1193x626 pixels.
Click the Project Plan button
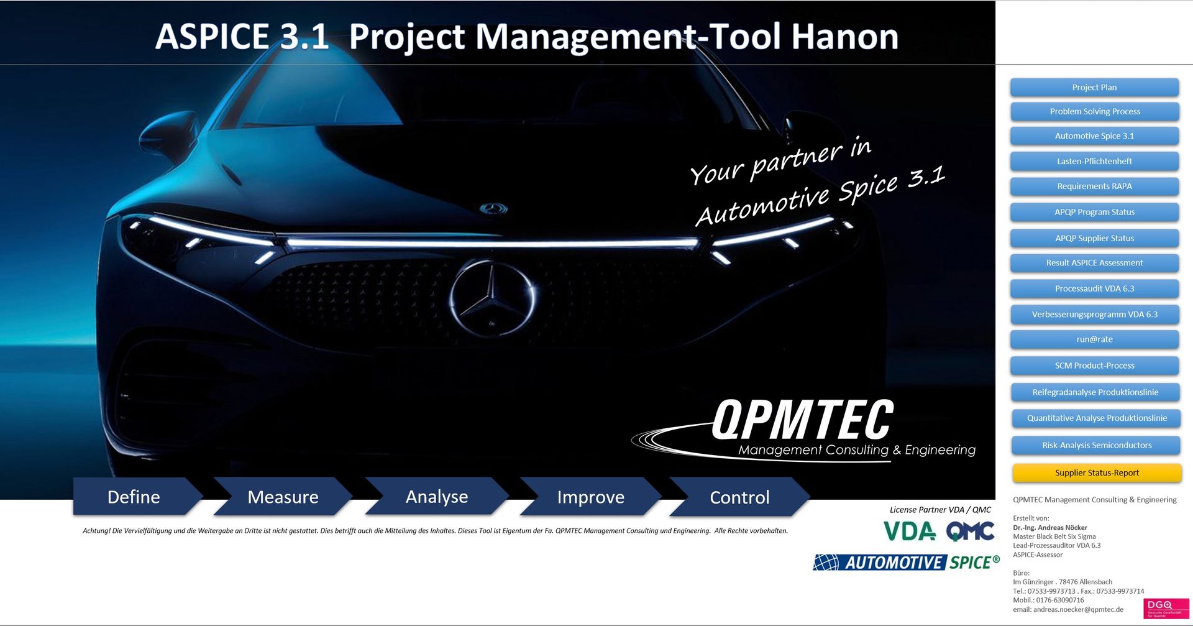coord(1094,88)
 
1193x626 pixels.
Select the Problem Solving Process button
coord(1095,112)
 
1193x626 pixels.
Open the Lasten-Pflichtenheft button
coord(1094,162)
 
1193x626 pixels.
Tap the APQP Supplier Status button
coord(1094,238)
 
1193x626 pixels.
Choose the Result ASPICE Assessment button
coord(1094,263)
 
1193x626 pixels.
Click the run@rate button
coord(1094,339)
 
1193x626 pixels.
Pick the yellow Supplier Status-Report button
coord(1097,473)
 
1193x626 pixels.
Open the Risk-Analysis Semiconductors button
coord(1096,445)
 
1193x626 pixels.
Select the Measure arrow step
coord(283,497)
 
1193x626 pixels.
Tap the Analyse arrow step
coord(437,497)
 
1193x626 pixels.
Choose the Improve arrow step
coord(590,497)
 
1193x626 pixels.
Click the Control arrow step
coord(739,497)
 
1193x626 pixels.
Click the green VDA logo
coord(910,531)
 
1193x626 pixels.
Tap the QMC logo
coord(970,531)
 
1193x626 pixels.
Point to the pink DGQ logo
coord(1166,608)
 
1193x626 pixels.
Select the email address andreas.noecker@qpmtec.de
coord(1078,610)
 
